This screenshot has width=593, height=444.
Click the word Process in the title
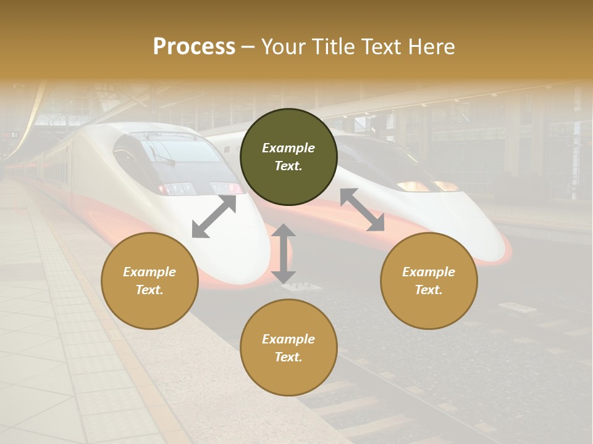pyautogui.click(x=194, y=47)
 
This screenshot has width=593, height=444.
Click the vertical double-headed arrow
pyautogui.click(x=284, y=253)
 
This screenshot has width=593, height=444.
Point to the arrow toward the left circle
pyautogui.click(x=214, y=216)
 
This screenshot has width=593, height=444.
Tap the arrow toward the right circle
pyautogui.click(x=362, y=210)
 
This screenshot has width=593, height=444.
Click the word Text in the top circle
pyautogui.click(x=288, y=166)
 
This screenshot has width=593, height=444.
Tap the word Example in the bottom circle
pyautogui.click(x=288, y=339)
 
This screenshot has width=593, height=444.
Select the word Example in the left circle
pyautogui.click(x=149, y=272)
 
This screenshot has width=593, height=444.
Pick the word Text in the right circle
pyautogui.click(x=429, y=290)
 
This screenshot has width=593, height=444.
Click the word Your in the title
pyautogui.click(x=285, y=47)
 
